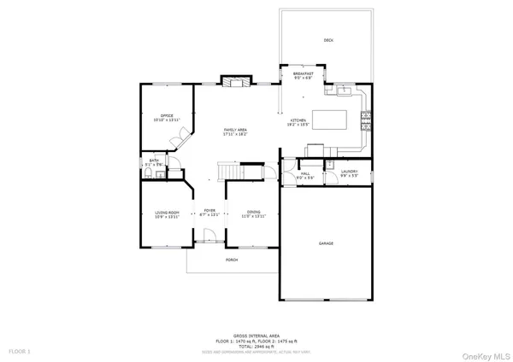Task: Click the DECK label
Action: click(328, 40)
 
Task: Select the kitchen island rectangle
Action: click(332, 118)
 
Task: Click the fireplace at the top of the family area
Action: click(233, 82)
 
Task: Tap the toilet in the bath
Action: click(149, 172)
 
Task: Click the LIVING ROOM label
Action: click(167, 213)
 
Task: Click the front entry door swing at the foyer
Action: click(205, 242)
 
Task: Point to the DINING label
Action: click(254, 213)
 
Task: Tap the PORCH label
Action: click(231, 260)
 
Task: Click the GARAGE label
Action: click(326, 244)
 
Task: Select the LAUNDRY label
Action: click(349, 173)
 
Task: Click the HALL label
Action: click(305, 174)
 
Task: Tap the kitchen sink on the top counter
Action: click(342, 87)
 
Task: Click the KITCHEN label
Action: click(298, 121)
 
